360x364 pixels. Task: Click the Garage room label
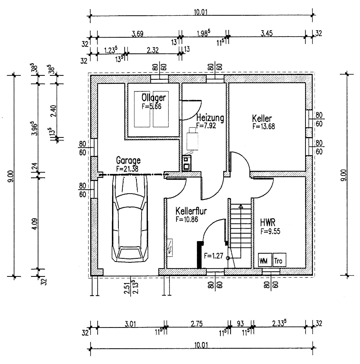click(x=128, y=160)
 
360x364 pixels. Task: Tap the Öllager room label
click(x=154, y=97)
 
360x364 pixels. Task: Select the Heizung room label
click(x=210, y=118)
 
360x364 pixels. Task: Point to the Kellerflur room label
click(x=191, y=211)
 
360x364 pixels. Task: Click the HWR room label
click(x=268, y=222)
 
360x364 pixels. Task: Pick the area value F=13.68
click(x=264, y=126)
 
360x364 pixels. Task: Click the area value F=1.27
click(x=213, y=256)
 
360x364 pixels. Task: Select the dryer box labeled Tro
click(x=279, y=260)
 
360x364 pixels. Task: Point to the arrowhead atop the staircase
click(x=241, y=206)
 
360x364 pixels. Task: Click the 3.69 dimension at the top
click(x=138, y=34)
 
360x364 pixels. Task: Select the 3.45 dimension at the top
click(x=267, y=33)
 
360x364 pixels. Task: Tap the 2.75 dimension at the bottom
click(x=196, y=324)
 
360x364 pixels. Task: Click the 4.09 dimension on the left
click(x=35, y=224)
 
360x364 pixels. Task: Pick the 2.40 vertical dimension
click(x=53, y=111)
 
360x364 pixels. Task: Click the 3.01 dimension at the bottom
click(x=130, y=324)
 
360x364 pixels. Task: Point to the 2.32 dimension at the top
click(x=153, y=50)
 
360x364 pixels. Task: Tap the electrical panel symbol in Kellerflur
click(x=170, y=248)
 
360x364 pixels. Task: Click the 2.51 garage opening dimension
click(x=127, y=288)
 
